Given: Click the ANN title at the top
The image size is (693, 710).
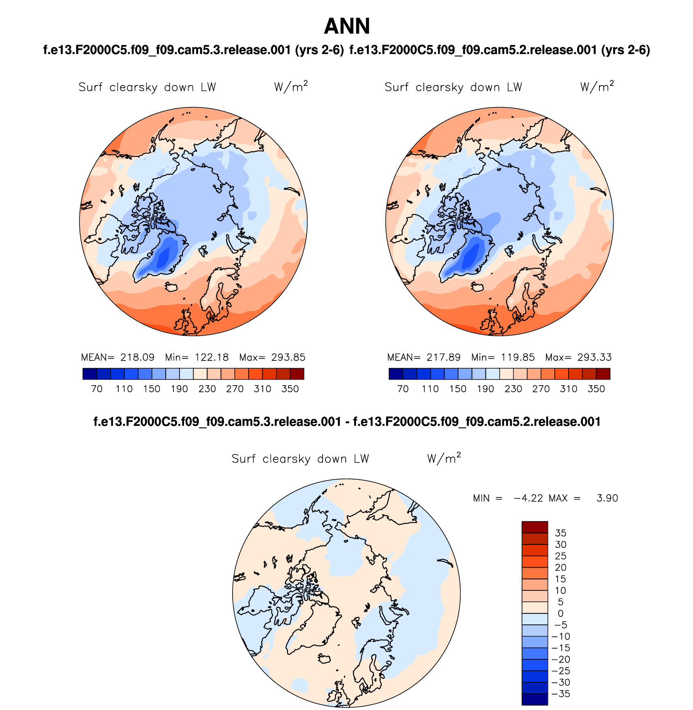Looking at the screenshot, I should click(347, 26).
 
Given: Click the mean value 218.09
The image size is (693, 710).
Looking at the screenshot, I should click(137, 357).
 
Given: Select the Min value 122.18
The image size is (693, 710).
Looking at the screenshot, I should click(212, 357).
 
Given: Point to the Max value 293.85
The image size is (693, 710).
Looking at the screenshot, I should click(288, 357).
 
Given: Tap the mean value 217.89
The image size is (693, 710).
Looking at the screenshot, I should click(443, 357).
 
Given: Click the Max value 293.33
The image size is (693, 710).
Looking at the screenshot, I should click(595, 357).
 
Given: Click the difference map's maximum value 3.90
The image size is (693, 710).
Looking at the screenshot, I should click(607, 498).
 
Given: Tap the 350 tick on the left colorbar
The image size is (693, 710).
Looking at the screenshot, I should click(290, 389).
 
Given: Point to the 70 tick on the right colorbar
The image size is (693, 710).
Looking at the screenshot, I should click(403, 389).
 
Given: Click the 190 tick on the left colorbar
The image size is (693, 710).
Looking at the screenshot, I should click(179, 389).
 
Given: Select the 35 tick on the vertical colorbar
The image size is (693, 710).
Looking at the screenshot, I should click(560, 533).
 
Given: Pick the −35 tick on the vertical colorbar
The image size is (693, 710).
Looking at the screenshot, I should click(561, 694).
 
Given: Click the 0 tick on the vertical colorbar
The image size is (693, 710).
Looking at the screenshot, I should click(560, 613).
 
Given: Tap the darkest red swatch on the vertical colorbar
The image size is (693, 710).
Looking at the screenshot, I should click(535, 527).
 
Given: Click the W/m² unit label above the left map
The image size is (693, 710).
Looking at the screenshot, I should click(291, 87).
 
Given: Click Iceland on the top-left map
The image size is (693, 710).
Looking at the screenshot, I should click(171, 287).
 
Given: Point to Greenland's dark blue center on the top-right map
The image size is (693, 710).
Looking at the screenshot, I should click(470, 257).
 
